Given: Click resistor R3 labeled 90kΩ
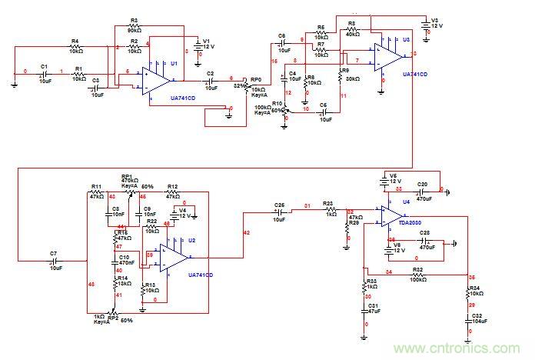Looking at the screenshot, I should tap(134, 28).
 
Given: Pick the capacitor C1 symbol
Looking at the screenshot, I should tap(45, 74).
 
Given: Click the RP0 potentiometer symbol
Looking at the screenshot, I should tap(246, 83).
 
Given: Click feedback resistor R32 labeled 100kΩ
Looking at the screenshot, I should tap(417, 273).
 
